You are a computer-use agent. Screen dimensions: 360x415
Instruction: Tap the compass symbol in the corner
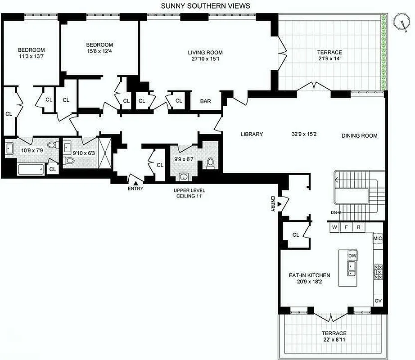coord(400,20)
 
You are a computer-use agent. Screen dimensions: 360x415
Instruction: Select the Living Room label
coord(205,53)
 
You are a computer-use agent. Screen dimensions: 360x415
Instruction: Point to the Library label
coord(252,134)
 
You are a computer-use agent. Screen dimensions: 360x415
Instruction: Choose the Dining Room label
coord(359,135)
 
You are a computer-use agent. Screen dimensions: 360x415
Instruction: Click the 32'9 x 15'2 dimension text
coord(305,134)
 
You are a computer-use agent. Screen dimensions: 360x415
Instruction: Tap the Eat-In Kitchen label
coord(310,275)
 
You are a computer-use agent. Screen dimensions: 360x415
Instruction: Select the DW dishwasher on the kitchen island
coord(352,256)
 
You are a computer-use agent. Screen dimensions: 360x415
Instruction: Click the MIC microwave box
coord(378,238)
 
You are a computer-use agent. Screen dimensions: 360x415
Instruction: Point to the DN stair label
coord(334,212)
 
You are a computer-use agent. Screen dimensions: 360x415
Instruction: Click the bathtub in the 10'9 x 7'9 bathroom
coord(31,169)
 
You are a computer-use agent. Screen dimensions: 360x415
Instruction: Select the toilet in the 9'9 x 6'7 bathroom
coord(210,162)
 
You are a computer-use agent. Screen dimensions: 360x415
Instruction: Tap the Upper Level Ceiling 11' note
coord(189,193)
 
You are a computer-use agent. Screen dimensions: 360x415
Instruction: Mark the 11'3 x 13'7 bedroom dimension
coord(31,57)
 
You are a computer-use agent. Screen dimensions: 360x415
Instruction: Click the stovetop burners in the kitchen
coord(378,272)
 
